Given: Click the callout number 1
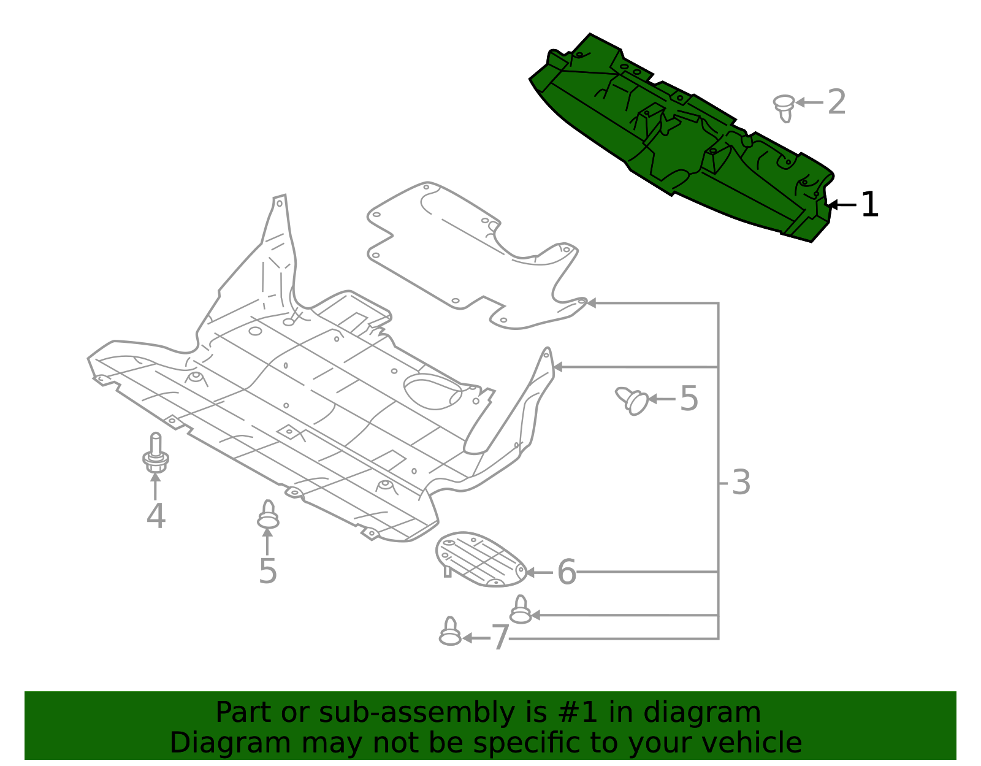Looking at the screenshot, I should (869, 205).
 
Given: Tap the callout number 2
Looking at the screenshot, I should (836, 102).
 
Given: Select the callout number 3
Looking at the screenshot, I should (741, 483).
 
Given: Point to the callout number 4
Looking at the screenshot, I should (156, 516).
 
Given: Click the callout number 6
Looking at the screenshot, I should (567, 572).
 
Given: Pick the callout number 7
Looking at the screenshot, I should (500, 638).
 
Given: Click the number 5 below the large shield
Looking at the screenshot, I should (268, 571).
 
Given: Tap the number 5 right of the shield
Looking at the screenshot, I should (689, 399).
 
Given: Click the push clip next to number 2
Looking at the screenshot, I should (784, 107).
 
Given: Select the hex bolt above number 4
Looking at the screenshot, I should (156, 454).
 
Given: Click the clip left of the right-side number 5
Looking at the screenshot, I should (633, 400).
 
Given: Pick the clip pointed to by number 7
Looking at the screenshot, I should (450, 632).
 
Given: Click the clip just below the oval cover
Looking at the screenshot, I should (521, 610).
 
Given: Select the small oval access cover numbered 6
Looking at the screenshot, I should (480, 559).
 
